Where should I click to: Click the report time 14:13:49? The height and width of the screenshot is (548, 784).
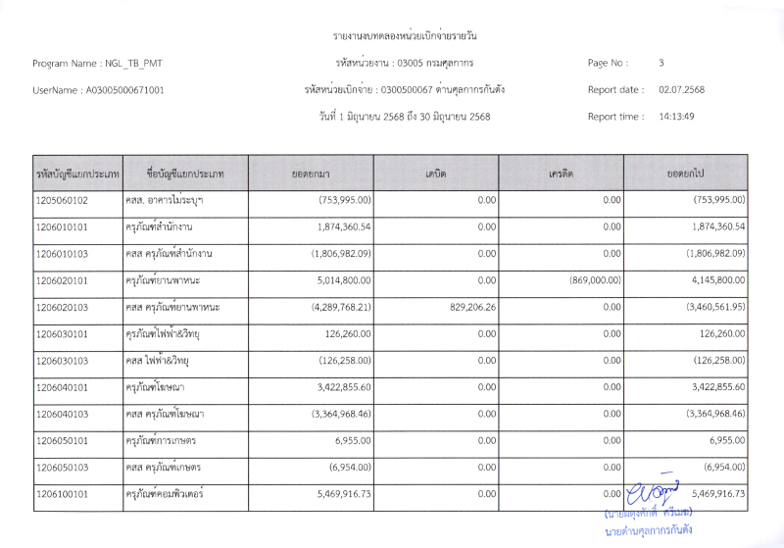click(677, 117)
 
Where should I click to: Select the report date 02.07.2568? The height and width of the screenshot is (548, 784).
click(682, 90)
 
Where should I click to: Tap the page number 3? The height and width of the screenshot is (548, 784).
click(661, 63)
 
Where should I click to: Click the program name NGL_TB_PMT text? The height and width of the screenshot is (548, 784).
click(98, 63)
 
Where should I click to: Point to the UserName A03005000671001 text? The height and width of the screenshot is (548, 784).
click(98, 90)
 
